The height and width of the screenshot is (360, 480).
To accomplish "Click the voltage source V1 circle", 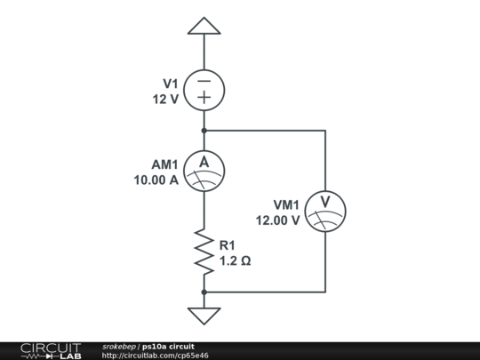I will (204, 89).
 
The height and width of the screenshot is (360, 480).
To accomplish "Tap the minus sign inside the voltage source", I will (204, 79).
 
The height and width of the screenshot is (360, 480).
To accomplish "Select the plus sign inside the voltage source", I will (204, 98).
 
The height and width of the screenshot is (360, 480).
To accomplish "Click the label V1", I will (171, 84).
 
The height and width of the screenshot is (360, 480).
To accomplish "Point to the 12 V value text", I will (165, 99).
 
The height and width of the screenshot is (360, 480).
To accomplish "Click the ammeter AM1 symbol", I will (204, 170).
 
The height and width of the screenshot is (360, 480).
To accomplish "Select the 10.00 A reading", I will (156, 180).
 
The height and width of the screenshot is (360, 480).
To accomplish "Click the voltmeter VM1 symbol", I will (324, 211).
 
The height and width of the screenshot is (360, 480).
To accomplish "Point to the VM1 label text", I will (284, 205).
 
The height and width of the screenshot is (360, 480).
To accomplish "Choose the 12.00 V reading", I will (277, 220).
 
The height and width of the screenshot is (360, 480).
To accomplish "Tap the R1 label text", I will (228, 245).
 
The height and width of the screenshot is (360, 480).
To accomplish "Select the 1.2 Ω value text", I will (235, 260).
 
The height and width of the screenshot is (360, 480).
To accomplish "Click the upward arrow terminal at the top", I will (204, 27).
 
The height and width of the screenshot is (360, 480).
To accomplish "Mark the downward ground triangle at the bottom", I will (204, 315).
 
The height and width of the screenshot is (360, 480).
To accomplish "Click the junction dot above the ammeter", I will (204, 131).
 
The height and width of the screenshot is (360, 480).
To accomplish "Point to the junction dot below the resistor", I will (204, 292).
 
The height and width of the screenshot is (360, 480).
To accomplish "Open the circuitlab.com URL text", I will (156, 356).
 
